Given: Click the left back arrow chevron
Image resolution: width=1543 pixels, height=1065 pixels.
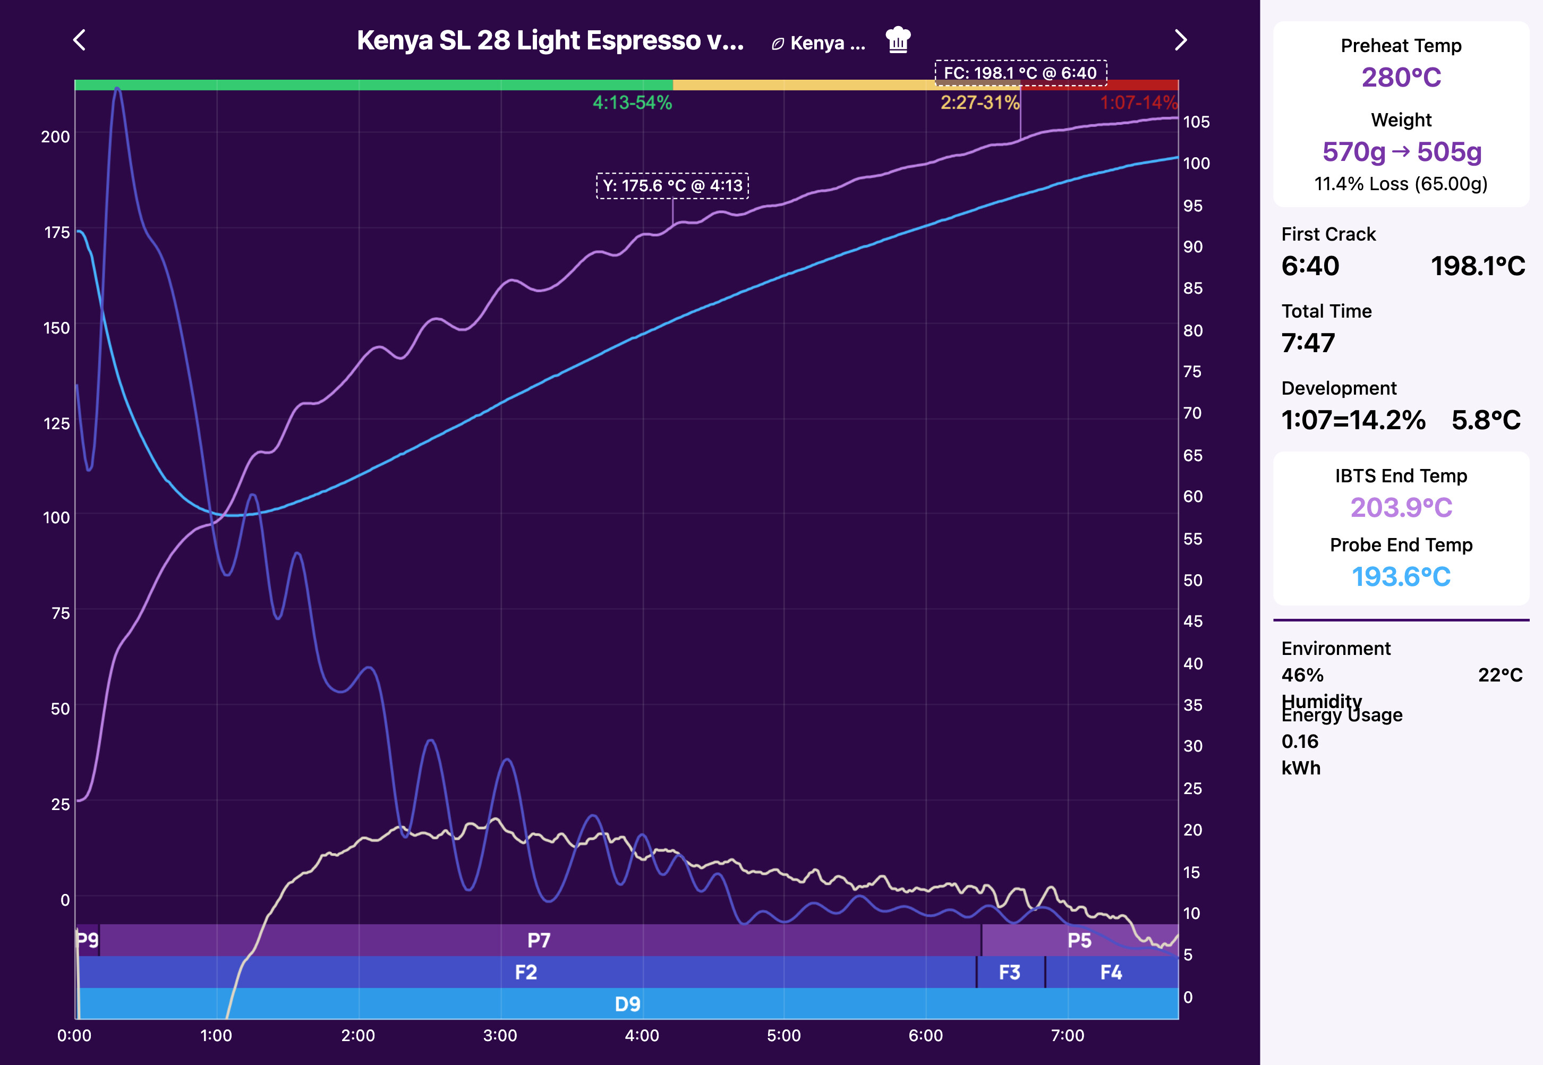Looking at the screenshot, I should click(79, 40).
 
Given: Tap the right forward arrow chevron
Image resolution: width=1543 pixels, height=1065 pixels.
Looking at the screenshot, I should click(1180, 40).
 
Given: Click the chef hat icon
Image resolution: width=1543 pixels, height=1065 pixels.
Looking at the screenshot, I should click(898, 40).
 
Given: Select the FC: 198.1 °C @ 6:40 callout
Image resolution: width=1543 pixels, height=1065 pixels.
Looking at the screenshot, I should click(1020, 73).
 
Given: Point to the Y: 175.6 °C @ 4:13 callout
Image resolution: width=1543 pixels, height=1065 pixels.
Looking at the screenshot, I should click(672, 185).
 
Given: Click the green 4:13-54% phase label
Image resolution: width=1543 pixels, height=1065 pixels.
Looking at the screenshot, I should click(632, 103).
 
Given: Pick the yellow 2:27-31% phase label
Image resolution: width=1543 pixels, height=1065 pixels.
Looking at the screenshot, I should click(979, 103).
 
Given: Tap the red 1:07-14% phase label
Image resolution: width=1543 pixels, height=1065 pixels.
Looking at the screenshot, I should click(1138, 103).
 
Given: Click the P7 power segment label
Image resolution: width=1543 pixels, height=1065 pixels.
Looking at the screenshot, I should click(539, 940).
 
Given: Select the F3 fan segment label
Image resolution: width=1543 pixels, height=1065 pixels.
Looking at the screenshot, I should click(1009, 972).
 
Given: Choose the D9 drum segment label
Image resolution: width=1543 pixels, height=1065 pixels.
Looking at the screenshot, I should click(627, 1003).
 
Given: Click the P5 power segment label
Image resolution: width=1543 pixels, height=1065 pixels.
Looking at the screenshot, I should click(1079, 940).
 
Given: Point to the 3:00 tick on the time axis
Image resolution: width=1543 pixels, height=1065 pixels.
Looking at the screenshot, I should click(500, 1036).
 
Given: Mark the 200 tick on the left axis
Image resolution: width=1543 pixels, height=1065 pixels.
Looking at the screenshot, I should click(55, 137).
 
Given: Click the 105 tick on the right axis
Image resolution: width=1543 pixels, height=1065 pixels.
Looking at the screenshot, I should click(1196, 122).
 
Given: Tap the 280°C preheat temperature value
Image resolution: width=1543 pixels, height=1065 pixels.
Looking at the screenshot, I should click(1401, 78).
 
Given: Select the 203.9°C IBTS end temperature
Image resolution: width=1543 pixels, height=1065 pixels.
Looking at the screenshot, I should click(1401, 508).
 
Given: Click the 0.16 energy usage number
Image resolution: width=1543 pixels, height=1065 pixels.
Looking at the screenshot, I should click(1300, 742).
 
